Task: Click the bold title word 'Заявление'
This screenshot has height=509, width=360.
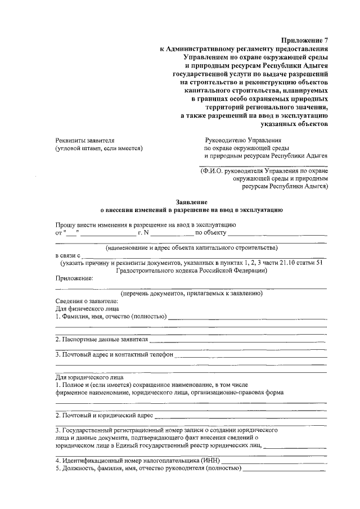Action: (191, 201)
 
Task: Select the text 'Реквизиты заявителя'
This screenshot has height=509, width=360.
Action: (85, 140)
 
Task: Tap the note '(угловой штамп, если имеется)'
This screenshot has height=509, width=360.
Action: (99, 148)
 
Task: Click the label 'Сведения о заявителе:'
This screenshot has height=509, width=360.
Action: (86, 301)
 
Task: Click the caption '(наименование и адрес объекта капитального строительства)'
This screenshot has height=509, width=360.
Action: (191, 248)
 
